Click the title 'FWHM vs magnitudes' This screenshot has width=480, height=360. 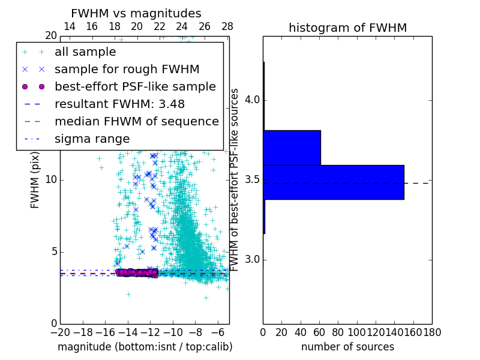(136, 14)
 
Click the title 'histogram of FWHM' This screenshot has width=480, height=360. (347, 28)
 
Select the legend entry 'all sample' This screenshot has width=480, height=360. (85, 52)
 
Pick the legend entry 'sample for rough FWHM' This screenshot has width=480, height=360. (127, 69)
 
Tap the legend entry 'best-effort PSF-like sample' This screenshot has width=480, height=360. (135, 86)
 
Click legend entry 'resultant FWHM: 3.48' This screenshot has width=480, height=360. (119, 104)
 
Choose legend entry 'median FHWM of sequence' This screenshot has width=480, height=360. (136, 121)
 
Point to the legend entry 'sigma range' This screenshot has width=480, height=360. (92, 139)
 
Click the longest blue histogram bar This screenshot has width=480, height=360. (334, 182)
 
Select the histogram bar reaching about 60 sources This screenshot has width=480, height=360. (292, 148)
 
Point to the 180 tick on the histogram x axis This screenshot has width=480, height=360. (432, 332)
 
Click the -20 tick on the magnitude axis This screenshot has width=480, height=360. (60, 332)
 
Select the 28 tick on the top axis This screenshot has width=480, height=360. (227, 26)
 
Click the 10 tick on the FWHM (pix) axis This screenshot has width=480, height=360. (50, 180)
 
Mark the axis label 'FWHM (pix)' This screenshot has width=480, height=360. (35, 180)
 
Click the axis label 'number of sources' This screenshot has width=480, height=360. (347, 347)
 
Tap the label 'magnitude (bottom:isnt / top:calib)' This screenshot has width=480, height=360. (145, 347)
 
